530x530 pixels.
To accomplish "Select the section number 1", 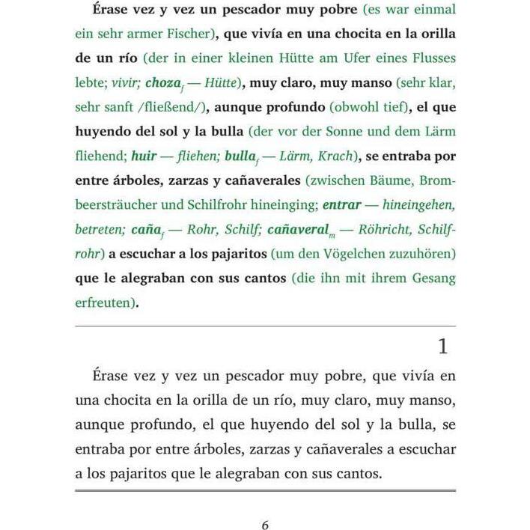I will point(443,347).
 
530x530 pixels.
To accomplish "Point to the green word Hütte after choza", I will point(222,82).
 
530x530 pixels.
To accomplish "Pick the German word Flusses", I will point(430,58).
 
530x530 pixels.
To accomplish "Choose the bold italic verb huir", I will point(144,156).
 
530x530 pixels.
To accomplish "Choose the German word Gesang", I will point(430,277).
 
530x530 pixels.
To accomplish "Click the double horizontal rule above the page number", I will point(265,490).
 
